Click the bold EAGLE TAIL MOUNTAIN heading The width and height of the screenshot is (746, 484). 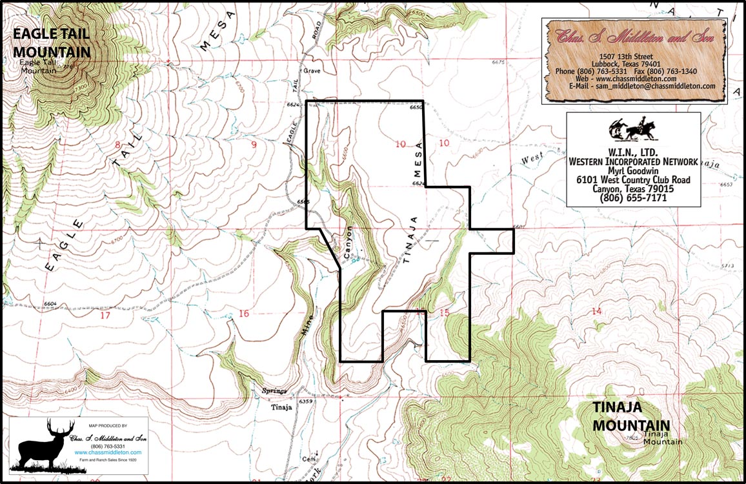51,43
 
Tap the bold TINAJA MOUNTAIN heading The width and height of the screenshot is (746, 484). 631,416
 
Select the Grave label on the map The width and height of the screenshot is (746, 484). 312,71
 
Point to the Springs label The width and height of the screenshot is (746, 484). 274,391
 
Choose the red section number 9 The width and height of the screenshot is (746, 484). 254,145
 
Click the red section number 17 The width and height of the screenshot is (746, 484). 105,316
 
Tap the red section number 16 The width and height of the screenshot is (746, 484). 243,314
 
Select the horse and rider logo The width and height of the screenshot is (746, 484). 633,129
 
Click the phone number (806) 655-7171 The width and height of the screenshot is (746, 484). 633,197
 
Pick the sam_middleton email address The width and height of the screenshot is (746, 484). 642,86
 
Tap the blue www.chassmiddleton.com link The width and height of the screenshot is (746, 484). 108,452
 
